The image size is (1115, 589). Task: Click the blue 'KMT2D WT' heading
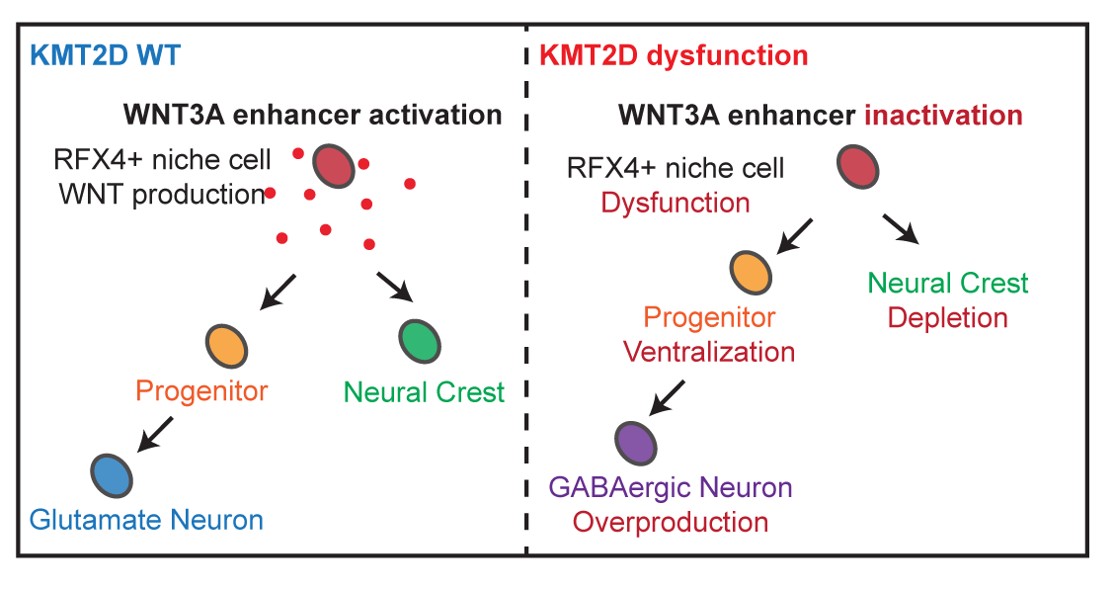(x=105, y=54)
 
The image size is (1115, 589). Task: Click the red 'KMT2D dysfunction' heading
(x=675, y=54)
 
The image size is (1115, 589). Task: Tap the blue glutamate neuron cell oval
(x=112, y=475)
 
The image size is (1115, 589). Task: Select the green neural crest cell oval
(x=420, y=341)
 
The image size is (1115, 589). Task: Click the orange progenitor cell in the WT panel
(x=227, y=346)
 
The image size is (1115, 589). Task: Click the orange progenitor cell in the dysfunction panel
(x=751, y=272)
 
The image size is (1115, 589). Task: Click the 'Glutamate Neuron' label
(x=146, y=519)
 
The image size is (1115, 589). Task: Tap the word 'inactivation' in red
(x=943, y=115)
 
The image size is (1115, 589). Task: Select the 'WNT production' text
(x=160, y=194)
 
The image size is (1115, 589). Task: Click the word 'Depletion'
(x=947, y=317)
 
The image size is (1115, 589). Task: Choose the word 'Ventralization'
(x=709, y=351)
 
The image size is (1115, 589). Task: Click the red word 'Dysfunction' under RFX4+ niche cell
(x=676, y=203)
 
